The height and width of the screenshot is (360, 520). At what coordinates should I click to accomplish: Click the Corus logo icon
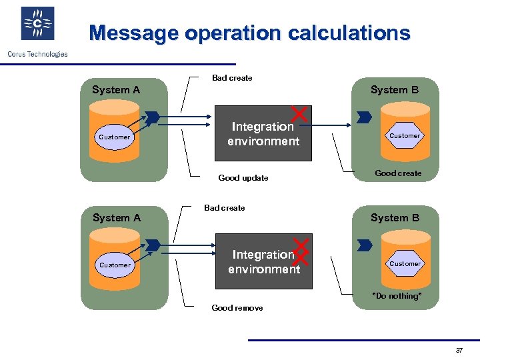click(38, 24)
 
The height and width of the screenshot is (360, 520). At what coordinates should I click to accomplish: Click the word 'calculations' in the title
click(345, 33)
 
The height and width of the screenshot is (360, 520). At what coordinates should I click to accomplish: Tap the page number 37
click(459, 351)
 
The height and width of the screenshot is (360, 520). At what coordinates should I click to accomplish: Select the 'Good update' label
click(243, 178)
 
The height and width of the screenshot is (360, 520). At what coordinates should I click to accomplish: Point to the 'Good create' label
click(398, 173)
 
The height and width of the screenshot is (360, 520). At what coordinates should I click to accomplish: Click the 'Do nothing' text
click(397, 296)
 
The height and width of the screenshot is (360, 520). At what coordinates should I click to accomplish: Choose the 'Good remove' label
click(237, 308)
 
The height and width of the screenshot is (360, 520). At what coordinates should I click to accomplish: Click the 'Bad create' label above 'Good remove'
click(225, 208)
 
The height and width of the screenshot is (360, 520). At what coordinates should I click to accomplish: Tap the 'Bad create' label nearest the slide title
click(232, 78)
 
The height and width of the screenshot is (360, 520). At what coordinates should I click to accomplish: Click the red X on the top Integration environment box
click(301, 115)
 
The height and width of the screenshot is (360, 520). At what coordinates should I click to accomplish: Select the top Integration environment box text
click(263, 134)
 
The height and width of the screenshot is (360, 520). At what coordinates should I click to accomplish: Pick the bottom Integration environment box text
click(263, 262)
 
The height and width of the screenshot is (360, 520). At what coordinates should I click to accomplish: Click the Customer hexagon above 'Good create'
click(405, 136)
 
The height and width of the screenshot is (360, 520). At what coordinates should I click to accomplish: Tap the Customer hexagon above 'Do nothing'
click(405, 264)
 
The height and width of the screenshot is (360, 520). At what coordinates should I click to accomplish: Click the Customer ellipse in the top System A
click(115, 137)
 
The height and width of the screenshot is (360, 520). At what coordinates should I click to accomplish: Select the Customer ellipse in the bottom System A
click(115, 265)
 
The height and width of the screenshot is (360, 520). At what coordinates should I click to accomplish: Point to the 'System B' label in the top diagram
click(395, 90)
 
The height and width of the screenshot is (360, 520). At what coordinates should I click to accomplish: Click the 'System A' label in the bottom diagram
click(117, 218)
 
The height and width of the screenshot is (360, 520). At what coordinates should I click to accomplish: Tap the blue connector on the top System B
click(364, 118)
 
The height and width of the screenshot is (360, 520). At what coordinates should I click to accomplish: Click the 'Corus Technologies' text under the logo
click(37, 54)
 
